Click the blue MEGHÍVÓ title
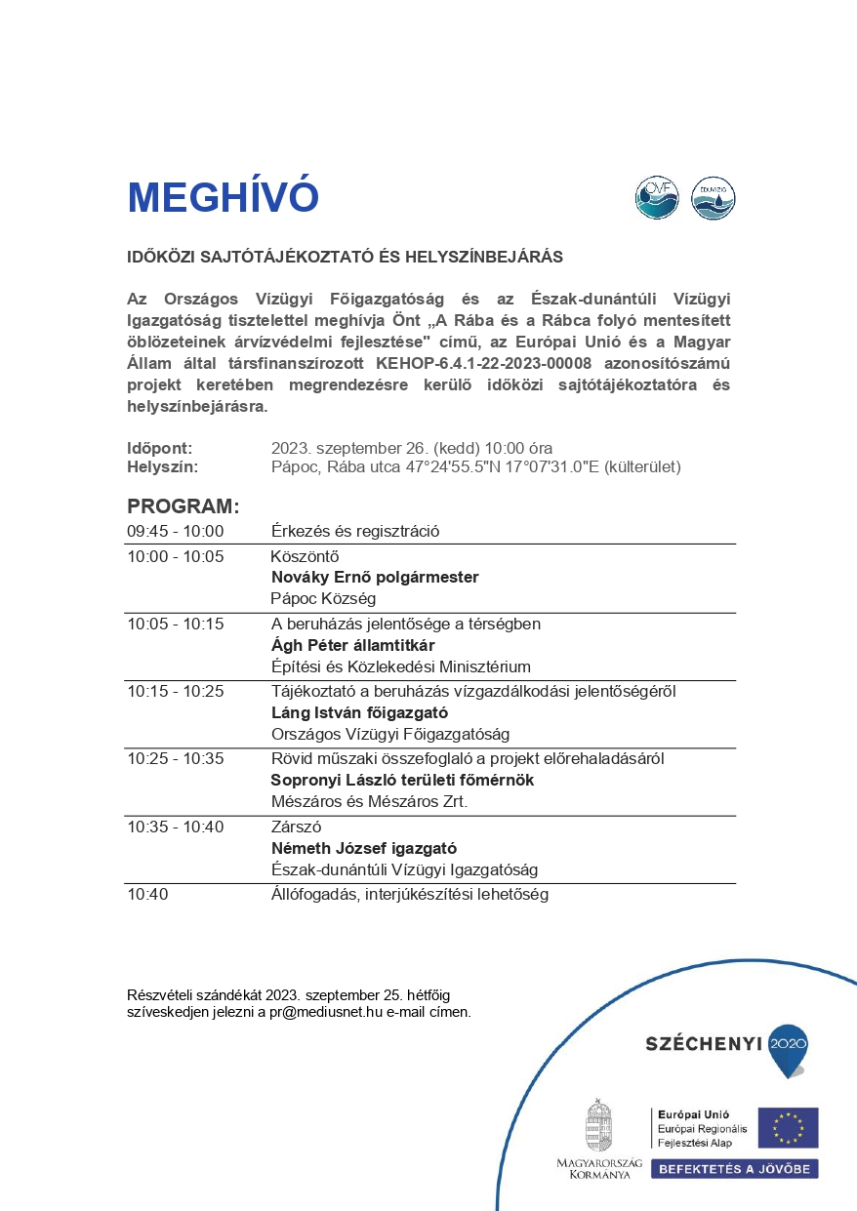click(223, 198)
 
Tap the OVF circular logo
click(656, 198)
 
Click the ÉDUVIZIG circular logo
click(713, 198)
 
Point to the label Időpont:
click(159, 448)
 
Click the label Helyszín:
click(162, 466)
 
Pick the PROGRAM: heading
click(183, 506)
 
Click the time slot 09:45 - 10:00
click(176, 532)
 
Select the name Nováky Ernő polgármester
click(375, 578)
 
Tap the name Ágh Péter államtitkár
click(352, 646)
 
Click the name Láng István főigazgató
click(358, 713)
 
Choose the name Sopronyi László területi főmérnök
click(402, 781)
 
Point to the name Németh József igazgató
click(363, 849)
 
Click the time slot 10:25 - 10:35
click(176, 758)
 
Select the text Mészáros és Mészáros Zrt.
click(369, 802)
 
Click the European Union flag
click(788, 1127)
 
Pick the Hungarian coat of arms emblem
click(599, 1125)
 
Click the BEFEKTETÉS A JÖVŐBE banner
click(734, 1168)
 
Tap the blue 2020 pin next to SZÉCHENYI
click(789, 1048)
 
